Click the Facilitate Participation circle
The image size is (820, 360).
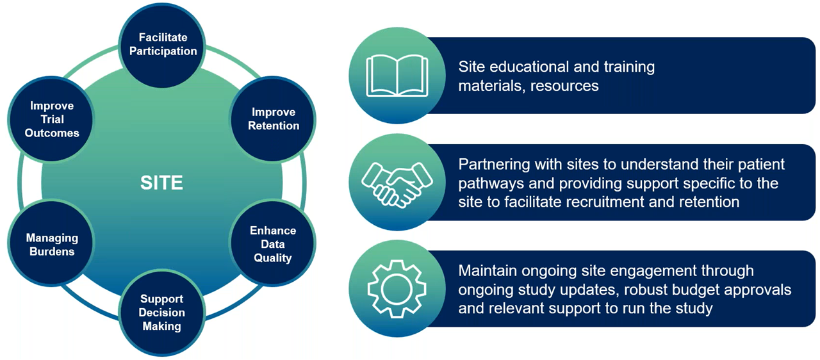(163, 44)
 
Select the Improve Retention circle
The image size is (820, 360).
(274, 119)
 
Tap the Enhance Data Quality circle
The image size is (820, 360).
(273, 244)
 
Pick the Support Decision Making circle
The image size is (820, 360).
(162, 312)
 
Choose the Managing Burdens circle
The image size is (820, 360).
(51, 245)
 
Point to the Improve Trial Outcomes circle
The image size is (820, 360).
(52, 119)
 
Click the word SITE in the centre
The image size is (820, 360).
(161, 183)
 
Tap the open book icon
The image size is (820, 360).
(397, 76)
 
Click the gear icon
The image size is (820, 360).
(397, 290)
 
